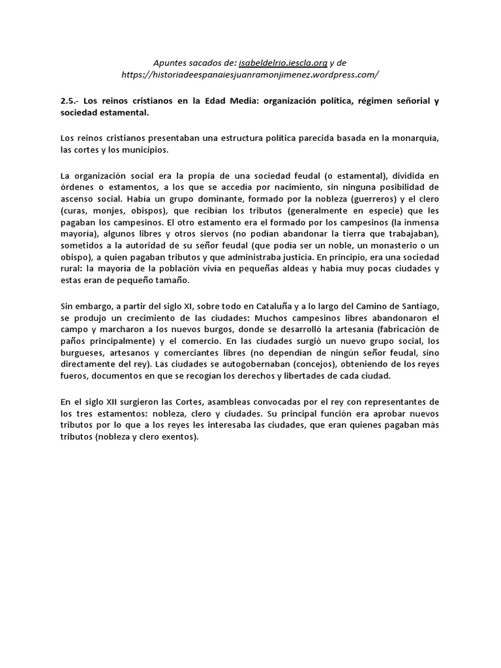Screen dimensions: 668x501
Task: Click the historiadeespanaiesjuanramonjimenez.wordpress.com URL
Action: [x=250, y=74]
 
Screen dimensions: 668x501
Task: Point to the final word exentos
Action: [x=177, y=438]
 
